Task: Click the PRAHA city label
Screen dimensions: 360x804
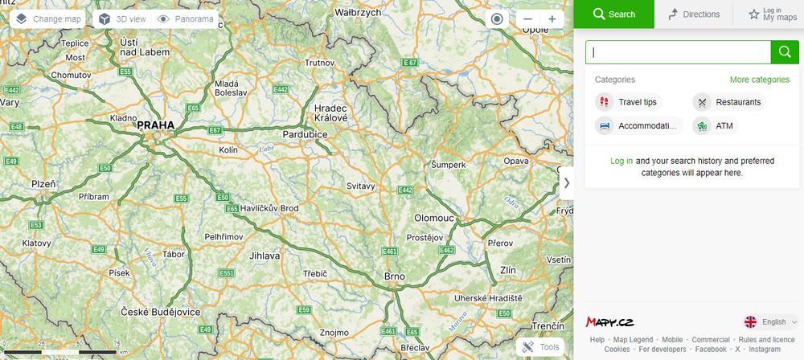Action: coord(155,125)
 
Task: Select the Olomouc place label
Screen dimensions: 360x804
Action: coord(434,218)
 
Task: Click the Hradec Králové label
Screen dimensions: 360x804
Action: coord(330,112)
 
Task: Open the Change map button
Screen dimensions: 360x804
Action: coord(48,18)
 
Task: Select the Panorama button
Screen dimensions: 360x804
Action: coord(186,18)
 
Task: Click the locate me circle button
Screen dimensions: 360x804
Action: coord(496,19)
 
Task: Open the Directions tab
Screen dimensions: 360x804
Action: coord(695,14)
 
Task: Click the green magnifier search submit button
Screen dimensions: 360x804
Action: coord(785,52)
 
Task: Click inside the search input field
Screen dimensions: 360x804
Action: coord(678,52)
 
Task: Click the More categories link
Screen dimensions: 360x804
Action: coord(759,80)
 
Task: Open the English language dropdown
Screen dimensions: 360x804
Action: coord(771,322)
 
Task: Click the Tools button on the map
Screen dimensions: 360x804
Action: coord(541,347)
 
